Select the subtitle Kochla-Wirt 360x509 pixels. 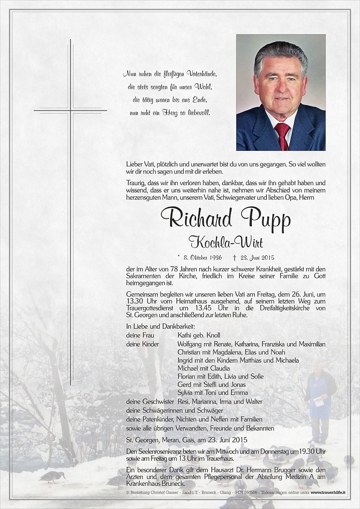pyautogui.click(x=225, y=242)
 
